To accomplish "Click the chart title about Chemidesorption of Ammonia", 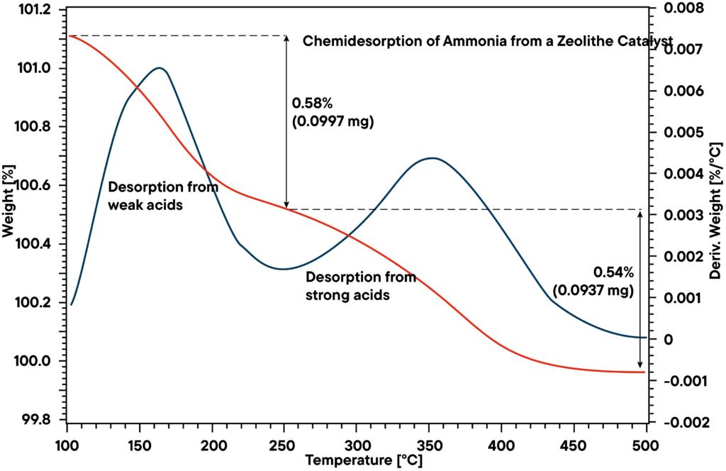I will point(487,41).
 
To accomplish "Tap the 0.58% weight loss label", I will point(312,104).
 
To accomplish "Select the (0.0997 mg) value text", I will point(333,121).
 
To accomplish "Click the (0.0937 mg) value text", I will point(593,290).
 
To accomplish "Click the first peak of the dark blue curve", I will point(160,68).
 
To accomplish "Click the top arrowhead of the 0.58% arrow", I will point(286,38).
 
